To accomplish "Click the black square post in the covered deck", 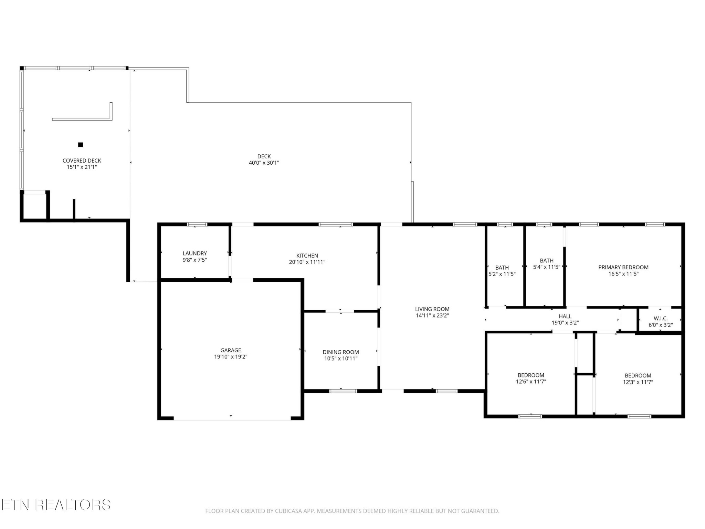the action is click(x=81, y=145).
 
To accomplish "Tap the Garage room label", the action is click(x=231, y=350).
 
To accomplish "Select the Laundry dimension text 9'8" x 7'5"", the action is click(x=195, y=260).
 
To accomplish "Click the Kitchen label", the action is click(x=307, y=256).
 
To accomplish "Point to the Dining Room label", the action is click(x=341, y=352).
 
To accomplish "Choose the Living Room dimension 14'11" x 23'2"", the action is click(x=432, y=315).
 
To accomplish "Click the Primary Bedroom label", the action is click(x=623, y=267).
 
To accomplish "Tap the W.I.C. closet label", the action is click(x=661, y=319).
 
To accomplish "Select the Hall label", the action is click(x=565, y=316).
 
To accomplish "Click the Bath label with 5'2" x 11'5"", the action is click(x=502, y=268).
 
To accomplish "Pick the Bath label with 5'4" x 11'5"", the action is click(x=547, y=261).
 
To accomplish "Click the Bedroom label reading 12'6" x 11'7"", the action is click(x=531, y=375).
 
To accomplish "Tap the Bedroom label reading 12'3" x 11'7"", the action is click(x=638, y=376).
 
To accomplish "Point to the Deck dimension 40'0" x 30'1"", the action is click(x=264, y=163).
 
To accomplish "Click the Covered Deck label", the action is click(x=82, y=160).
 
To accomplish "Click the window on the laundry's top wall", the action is click(x=197, y=225).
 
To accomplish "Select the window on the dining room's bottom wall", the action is click(x=343, y=391).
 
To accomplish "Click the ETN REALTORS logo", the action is click(x=56, y=505).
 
